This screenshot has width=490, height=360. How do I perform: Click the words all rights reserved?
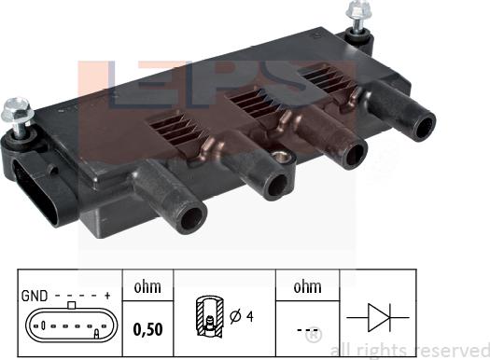click(x=416, y=348)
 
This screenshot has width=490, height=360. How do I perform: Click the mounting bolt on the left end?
click(x=18, y=113)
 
